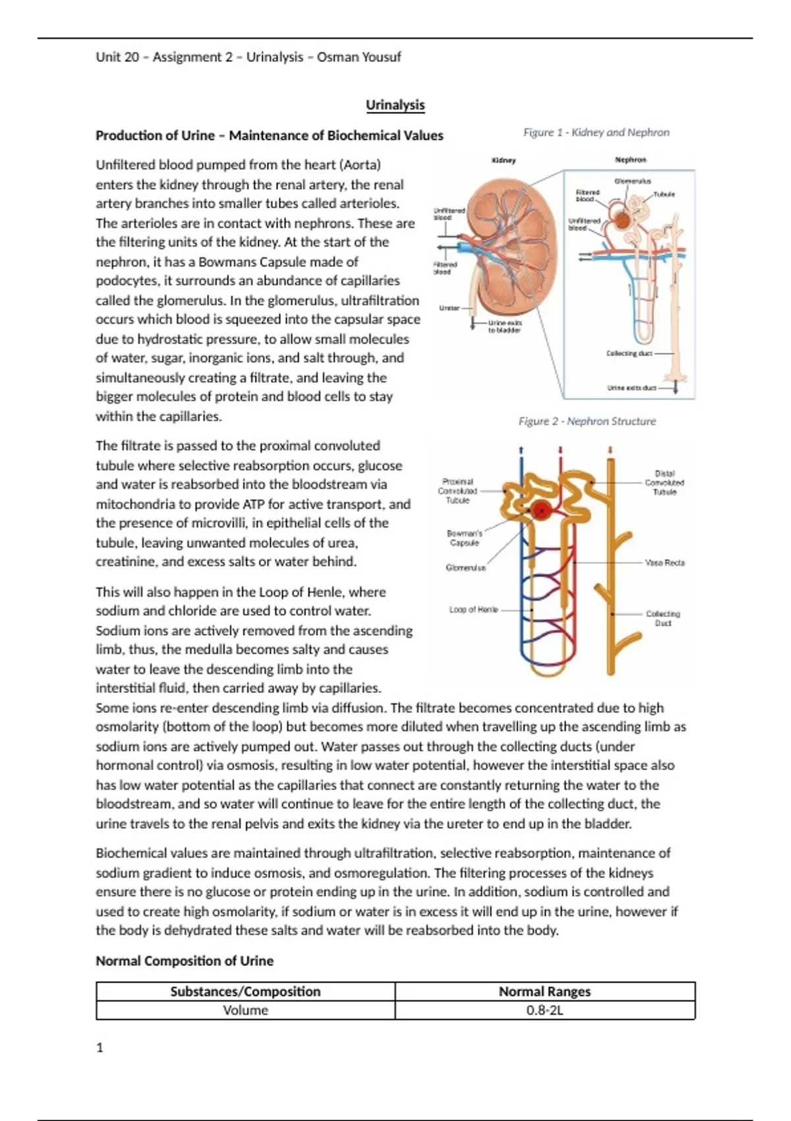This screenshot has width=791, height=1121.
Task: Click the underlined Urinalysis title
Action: click(x=395, y=105)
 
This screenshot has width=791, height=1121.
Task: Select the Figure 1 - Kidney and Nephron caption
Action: click(x=596, y=133)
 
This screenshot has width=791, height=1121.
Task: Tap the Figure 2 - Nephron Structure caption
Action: click(x=587, y=421)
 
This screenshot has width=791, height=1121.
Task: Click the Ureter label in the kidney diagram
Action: click(x=450, y=308)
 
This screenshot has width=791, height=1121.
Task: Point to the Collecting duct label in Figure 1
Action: click(x=629, y=353)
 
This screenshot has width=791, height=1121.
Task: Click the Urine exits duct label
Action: click(x=631, y=388)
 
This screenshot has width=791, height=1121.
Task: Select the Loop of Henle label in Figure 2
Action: click(x=473, y=610)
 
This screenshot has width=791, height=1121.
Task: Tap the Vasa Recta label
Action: click(x=664, y=563)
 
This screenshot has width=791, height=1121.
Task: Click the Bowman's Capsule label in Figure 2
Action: click(x=465, y=538)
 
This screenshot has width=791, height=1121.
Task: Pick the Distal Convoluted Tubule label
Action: click(x=664, y=483)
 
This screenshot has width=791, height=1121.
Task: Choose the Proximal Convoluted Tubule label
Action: click(x=457, y=491)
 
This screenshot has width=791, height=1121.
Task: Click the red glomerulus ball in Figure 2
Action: click(x=541, y=510)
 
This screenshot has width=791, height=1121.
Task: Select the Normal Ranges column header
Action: click(x=544, y=992)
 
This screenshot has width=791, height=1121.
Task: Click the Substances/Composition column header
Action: click(x=245, y=992)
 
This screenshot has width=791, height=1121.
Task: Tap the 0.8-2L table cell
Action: click(x=544, y=1010)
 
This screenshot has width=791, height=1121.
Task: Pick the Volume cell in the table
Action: click(x=245, y=1010)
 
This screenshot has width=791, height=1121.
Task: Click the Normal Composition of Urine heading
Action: click(x=185, y=961)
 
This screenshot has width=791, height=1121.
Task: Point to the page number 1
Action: click(x=100, y=1048)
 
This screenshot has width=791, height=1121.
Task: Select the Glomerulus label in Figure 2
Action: click(x=465, y=568)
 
